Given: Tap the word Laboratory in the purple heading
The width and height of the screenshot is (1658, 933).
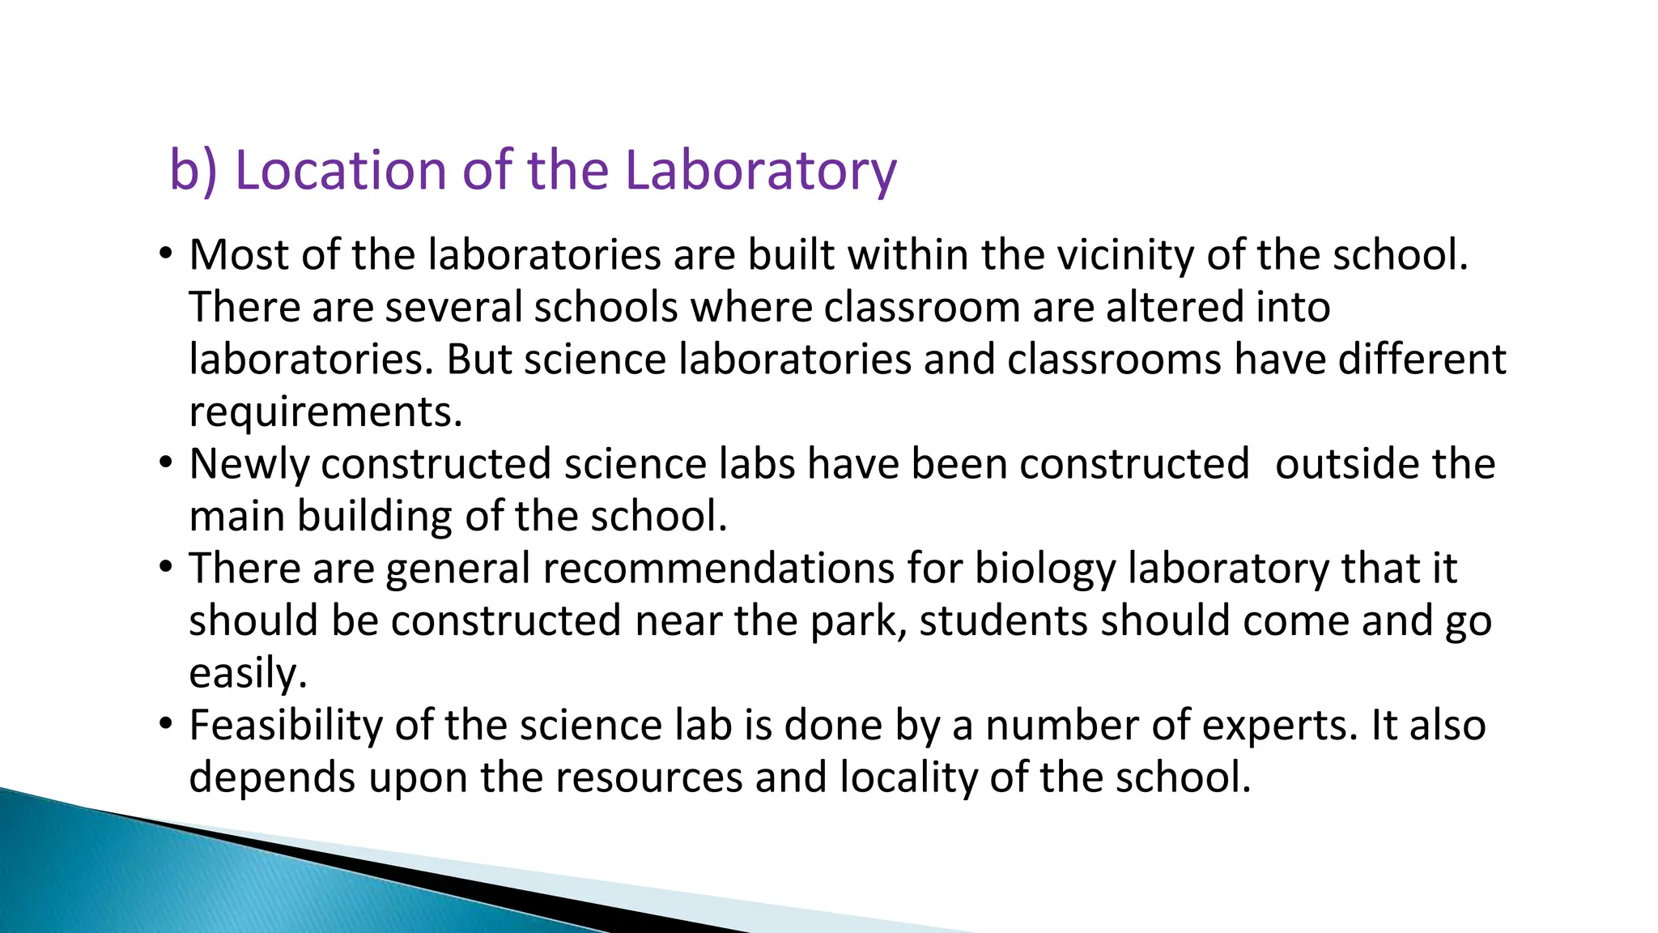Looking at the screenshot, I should pyautogui.click(x=761, y=172).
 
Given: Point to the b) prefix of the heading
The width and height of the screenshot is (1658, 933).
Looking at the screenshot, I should pyautogui.click(x=193, y=172).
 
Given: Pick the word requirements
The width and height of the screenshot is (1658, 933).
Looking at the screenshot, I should pyautogui.click(x=325, y=413).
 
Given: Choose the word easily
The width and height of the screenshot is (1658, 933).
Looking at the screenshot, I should pyautogui.click(x=248, y=674).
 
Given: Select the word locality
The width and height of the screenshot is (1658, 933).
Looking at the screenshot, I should pyautogui.click(x=909, y=778).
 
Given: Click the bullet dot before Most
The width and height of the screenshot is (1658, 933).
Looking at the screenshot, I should pyautogui.click(x=166, y=253).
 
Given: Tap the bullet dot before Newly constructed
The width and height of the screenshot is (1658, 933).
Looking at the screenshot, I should pyautogui.click(x=166, y=462).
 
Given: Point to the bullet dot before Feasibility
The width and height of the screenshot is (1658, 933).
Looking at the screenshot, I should pyautogui.click(x=166, y=723).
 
